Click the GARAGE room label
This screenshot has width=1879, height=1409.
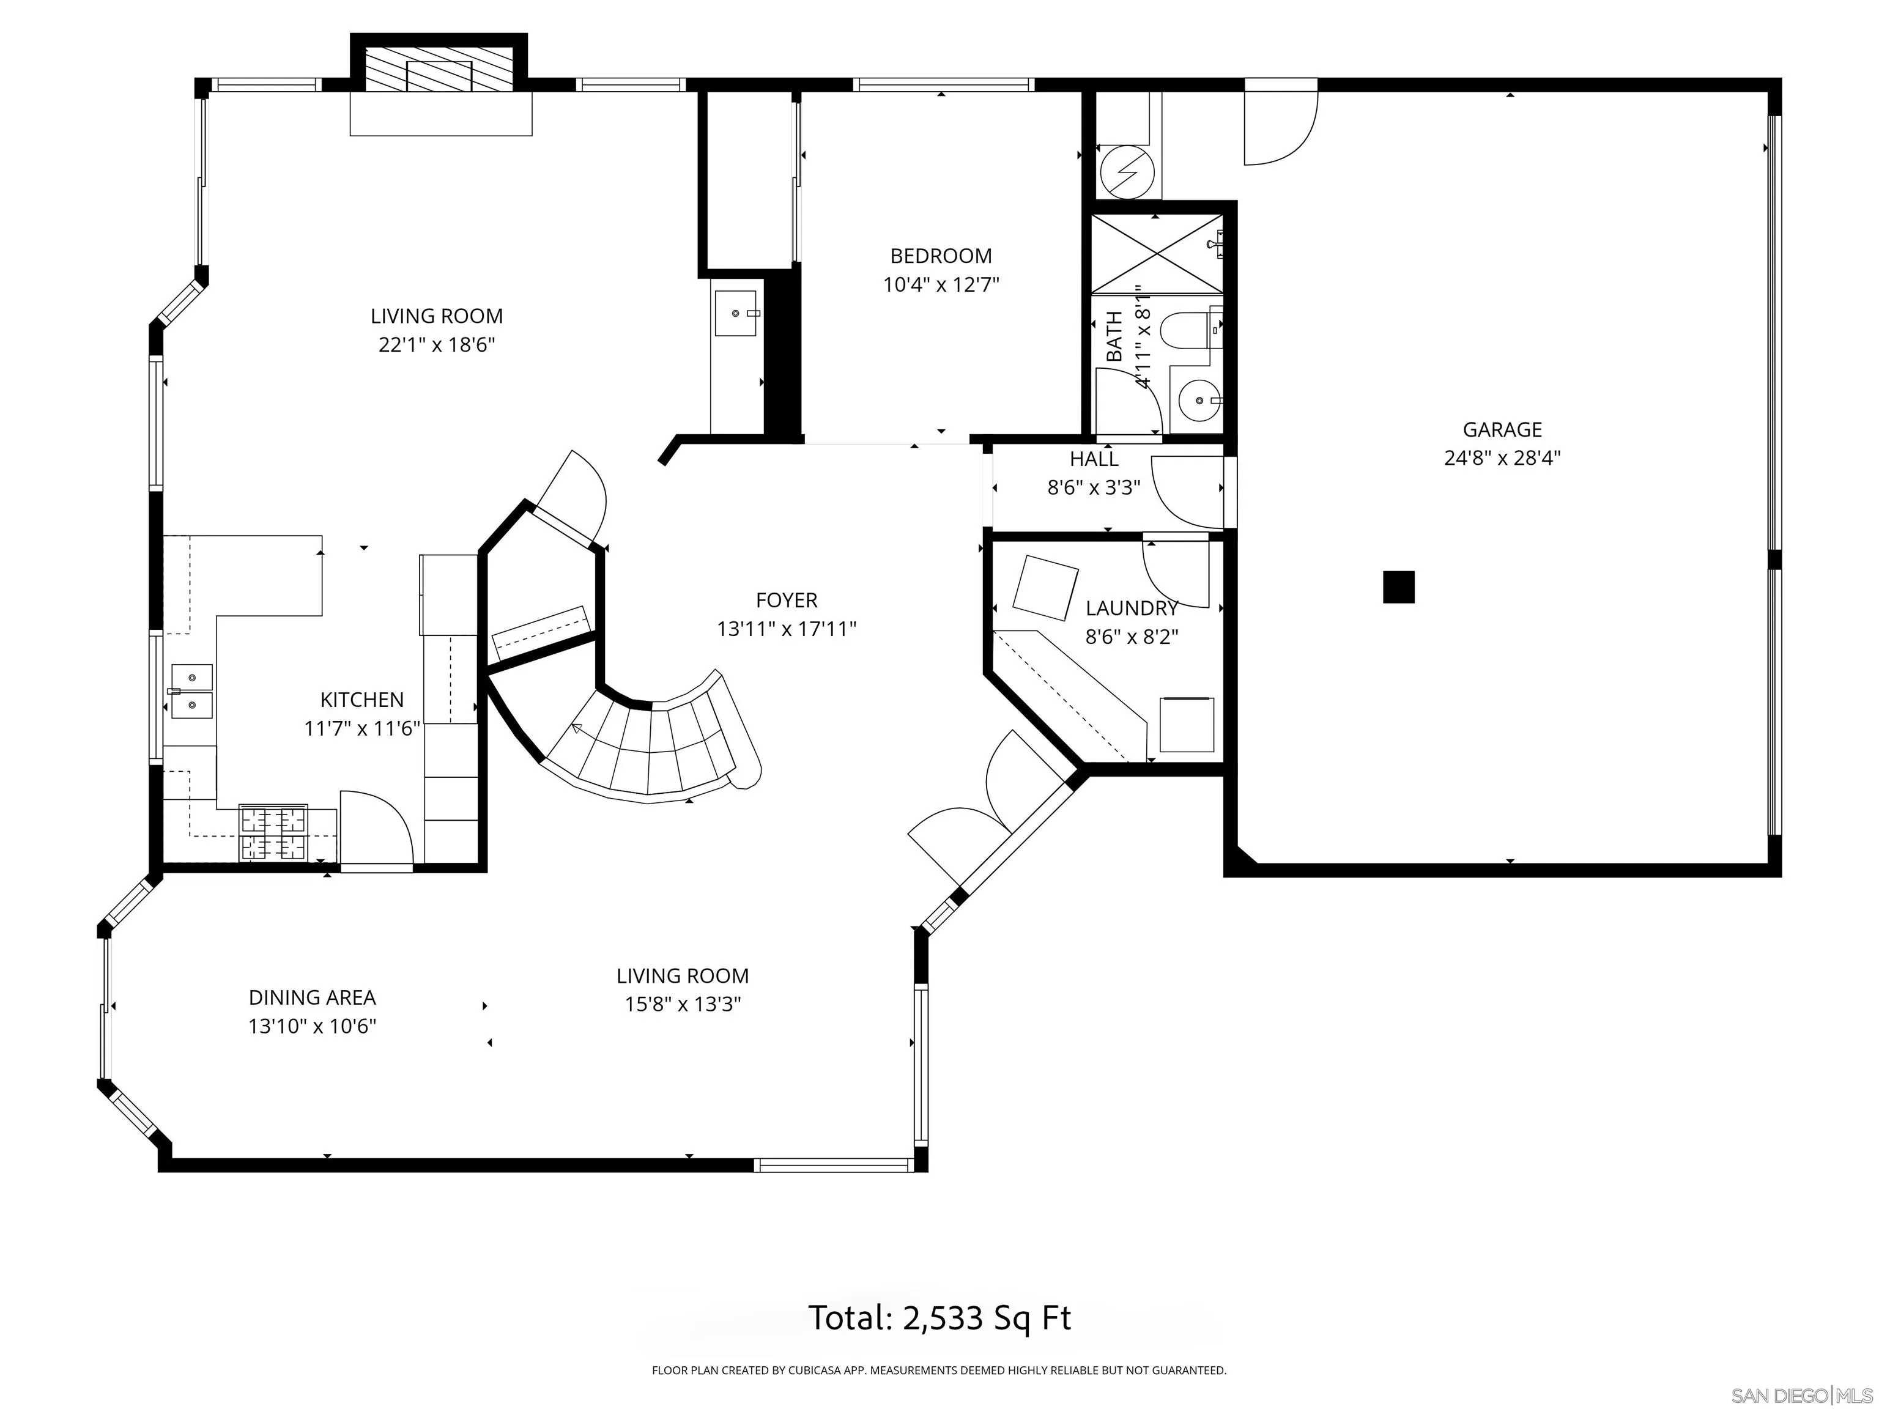[1501, 430]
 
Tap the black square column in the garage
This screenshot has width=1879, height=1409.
[1398, 587]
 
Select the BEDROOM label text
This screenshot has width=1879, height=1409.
[940, 256]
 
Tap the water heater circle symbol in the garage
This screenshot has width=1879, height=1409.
[1127, 172]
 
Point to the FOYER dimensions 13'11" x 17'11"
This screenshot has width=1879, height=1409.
[787, 629]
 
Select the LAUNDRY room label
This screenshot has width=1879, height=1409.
[1132, 608]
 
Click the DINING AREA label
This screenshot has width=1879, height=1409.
[312, 997]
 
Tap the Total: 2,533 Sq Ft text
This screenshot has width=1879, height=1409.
[939, 1318]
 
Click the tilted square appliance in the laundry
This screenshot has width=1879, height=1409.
[1046, 588]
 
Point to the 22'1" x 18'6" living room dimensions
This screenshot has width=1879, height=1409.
[437, 345]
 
